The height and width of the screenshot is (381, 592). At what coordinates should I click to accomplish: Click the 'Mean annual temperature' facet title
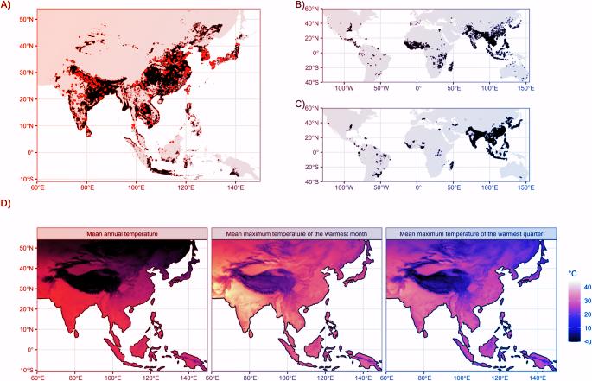tap(122, 233)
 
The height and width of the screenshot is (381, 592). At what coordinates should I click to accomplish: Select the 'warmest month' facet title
tap(296, 233)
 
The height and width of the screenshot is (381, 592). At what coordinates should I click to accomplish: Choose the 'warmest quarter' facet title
tap(470, 233)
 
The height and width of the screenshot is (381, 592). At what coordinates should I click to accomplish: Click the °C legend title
tap(573, 273)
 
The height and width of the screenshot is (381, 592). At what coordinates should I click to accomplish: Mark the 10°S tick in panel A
tap(25, 178)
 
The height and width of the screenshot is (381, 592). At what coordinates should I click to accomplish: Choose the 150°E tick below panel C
tap(525, 187)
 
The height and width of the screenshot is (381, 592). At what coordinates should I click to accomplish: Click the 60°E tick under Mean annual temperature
tap(39, 378)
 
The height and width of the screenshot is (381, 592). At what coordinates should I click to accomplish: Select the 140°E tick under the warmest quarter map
tap(538, 378)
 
